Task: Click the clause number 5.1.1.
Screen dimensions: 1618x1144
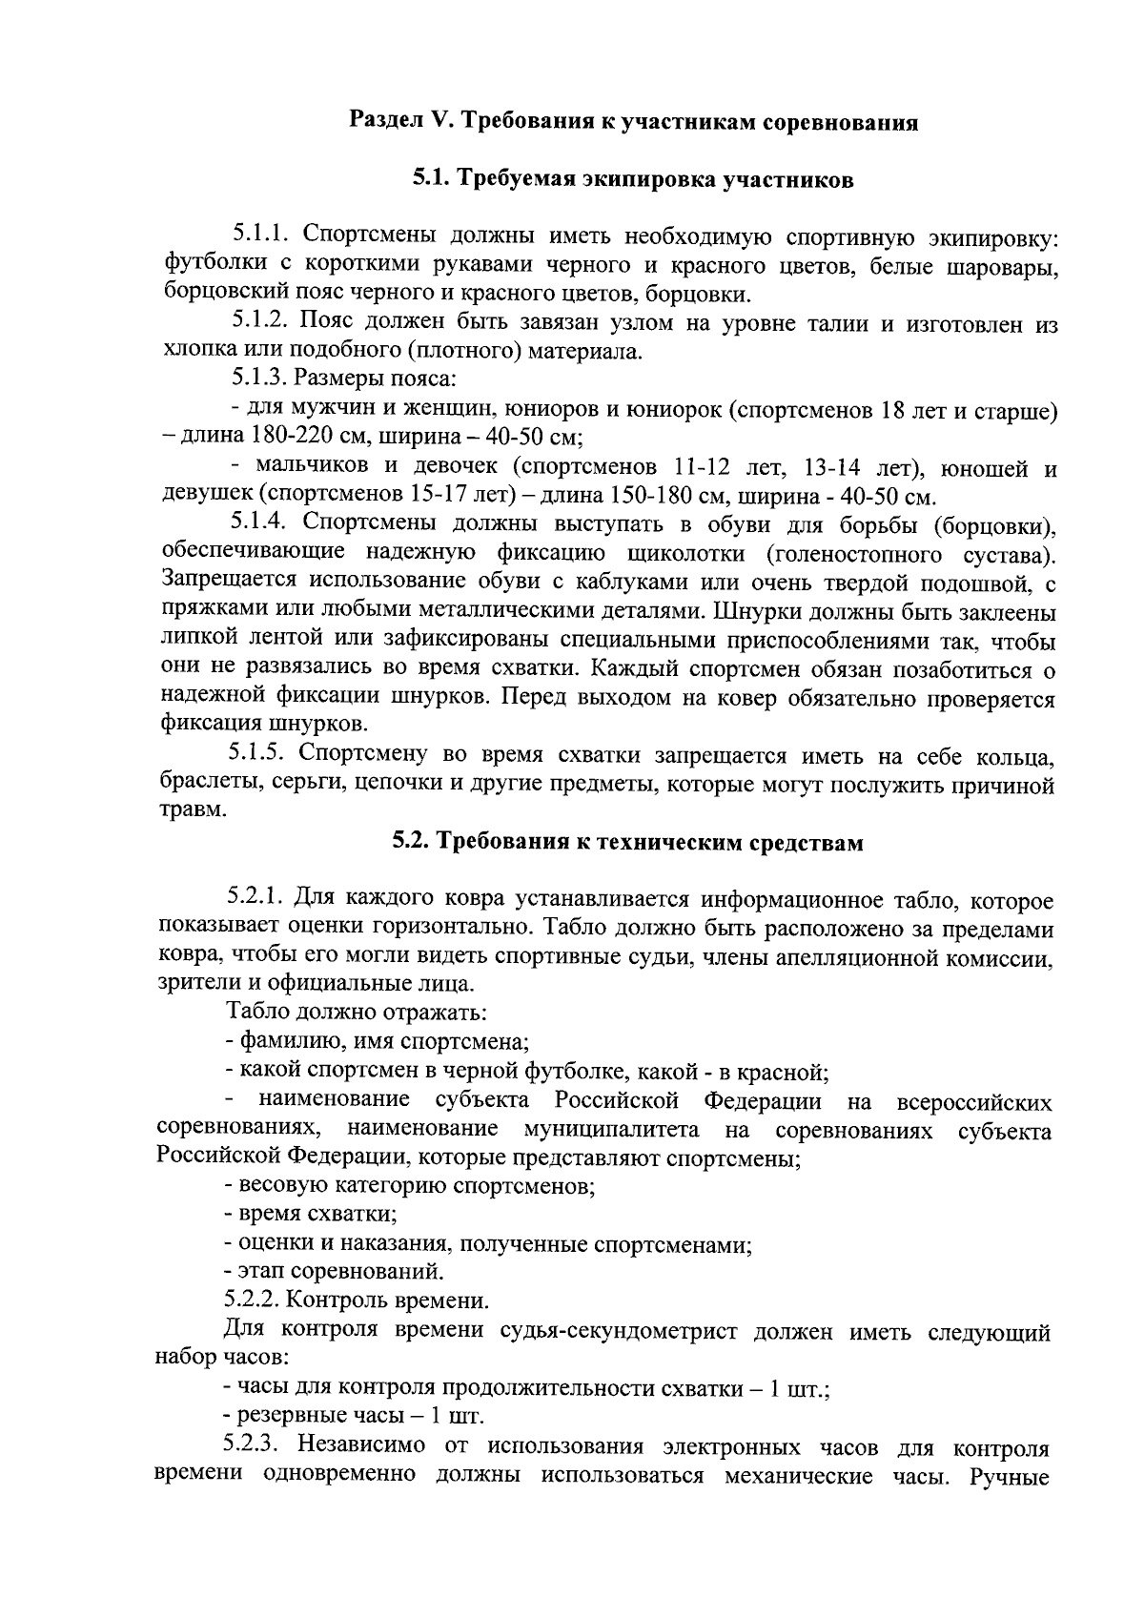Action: coord(261,235)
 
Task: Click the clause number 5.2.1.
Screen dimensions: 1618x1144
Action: coord(255,897)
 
